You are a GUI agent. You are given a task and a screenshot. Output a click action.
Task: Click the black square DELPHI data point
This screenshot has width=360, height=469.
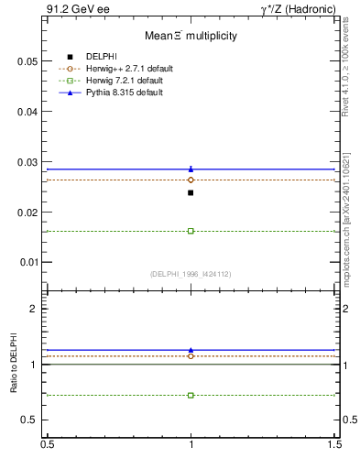point(191,192)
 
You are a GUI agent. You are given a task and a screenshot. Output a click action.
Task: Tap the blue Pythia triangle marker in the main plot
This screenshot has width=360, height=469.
point(191,169)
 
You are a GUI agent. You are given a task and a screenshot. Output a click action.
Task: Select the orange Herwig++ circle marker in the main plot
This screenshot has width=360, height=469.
point(191,180)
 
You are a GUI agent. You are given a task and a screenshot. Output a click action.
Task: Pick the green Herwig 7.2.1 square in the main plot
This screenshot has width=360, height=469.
point(191,231)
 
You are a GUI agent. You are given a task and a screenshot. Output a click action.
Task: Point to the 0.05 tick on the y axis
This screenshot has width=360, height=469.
point(27,61)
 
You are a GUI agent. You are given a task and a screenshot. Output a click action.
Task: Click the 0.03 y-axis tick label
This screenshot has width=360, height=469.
point(27,162)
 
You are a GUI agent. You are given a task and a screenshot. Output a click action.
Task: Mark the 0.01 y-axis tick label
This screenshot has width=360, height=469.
point(27,262)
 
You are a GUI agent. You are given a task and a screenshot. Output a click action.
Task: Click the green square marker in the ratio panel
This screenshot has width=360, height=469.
point(191,395)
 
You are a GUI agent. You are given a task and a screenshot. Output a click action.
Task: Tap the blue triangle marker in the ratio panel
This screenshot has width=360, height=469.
point(191,349)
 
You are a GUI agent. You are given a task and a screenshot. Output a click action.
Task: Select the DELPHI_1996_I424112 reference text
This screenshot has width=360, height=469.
point(191,274)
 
